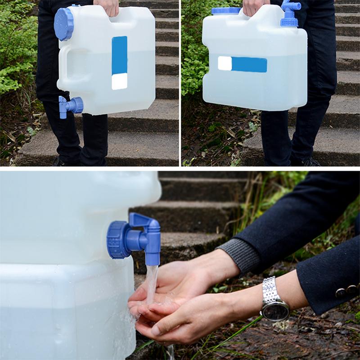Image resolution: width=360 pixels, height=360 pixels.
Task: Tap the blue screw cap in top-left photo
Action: [63, 24]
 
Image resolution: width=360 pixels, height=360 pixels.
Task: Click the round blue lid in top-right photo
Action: [226, 10]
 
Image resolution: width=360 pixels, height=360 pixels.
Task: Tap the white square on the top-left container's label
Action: [119, 81]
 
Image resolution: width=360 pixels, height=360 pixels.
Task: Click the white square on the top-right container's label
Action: [225, 63]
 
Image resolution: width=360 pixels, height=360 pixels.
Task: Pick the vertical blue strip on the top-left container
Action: [119, 55]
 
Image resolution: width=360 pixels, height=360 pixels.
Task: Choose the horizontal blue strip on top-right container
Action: [249, 65]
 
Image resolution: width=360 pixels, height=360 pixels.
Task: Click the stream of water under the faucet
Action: [152, 283]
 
